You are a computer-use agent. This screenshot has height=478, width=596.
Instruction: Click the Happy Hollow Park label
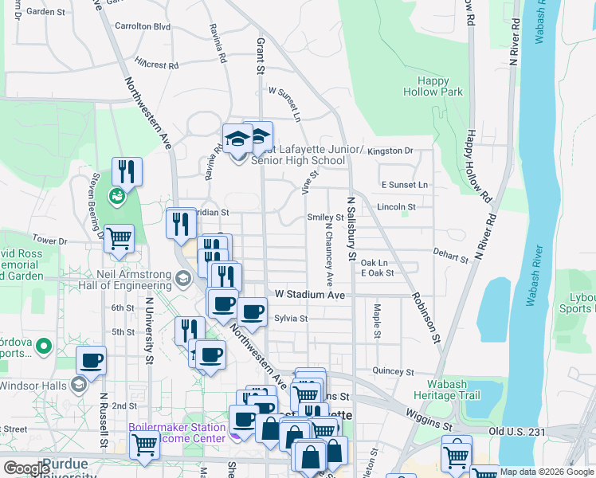click(x=439, y=86)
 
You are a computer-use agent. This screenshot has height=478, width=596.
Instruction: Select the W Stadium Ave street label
click(x=310, y=295)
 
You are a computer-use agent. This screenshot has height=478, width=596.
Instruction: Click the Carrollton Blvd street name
click(x=143, y=26)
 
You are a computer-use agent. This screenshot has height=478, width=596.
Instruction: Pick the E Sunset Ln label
click(x=405, y=185)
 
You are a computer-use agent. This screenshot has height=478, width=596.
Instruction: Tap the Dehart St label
click(x=452, y=257)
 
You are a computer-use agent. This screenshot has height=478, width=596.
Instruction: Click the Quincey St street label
click(x=394, y=371)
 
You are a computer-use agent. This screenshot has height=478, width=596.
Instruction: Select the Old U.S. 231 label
click(x=516, y=432)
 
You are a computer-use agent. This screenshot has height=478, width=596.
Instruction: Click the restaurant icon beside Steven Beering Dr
click(x=127, y=171)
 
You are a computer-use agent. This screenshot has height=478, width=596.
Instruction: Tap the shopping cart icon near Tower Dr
click(x=119, y=238)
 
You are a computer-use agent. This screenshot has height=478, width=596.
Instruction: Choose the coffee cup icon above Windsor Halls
click(x=92, y=360)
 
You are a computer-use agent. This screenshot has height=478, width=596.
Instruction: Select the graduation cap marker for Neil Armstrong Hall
click(x=182, y=278)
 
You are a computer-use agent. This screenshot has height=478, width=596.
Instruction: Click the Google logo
click(x=26, y=468)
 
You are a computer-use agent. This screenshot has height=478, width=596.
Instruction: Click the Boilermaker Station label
click(x=177, y=427)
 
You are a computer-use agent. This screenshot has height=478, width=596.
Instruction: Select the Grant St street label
click(x=260, y=56)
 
